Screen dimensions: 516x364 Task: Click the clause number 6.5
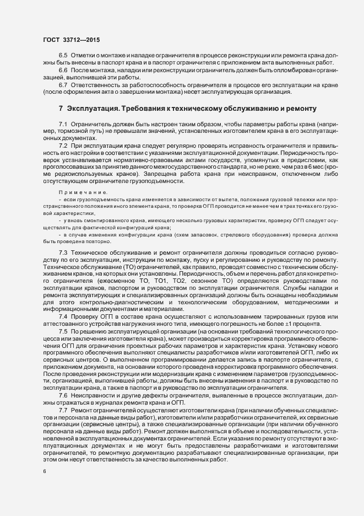coord(63,56)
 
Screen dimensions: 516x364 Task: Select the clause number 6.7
coord(63,85)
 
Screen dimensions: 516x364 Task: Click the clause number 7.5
coord(63,333)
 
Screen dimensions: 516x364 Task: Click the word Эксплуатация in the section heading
coord(94,109)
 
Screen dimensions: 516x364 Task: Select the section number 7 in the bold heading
coord(61,109)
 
